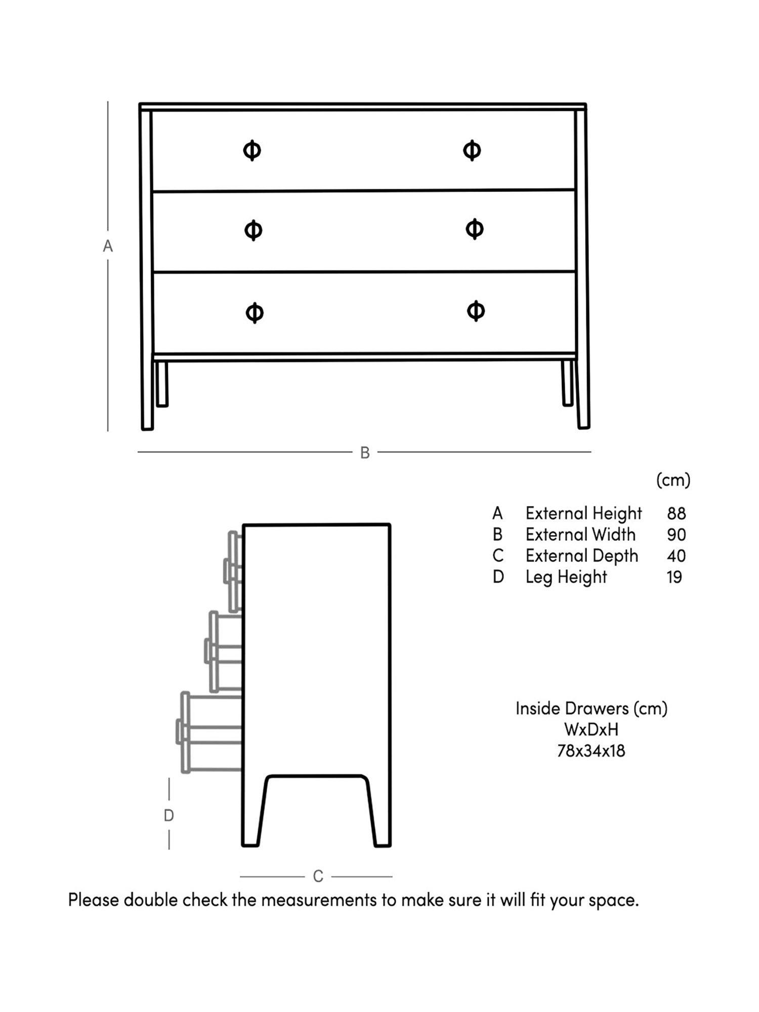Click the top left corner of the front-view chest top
[140, 103]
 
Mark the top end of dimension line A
[107, 102]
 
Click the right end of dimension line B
[591, 451]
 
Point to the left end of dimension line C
[240, 876]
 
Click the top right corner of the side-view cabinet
[390, 525]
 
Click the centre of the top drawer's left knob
[252, 150]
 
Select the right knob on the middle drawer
[474, 229]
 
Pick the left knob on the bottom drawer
[255, 312]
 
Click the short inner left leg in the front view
[162, 383]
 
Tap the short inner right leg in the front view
[568, 383]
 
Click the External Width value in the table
[677, 534]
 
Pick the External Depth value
[677, 556]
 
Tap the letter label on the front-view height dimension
[108, 246]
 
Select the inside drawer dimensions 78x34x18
[591, 750]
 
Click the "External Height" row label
[583, 514]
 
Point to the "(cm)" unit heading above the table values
[673, 480]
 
